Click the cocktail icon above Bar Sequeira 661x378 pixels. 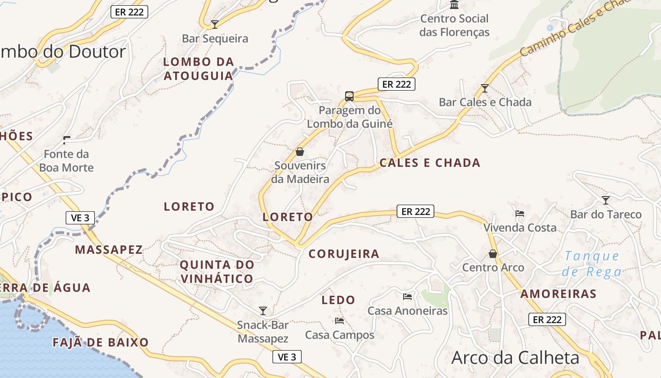click(x=215, y=24)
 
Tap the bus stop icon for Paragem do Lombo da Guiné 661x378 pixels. click(x=349, y=96)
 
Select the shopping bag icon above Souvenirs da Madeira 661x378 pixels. click(x=299, y=152)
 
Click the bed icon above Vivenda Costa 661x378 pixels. click(x=520, y=214)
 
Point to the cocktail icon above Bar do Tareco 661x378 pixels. click(x=606, y=200)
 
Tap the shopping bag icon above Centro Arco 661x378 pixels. click(x=493, y=254)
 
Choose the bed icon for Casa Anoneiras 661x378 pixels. click(x=407, y=297)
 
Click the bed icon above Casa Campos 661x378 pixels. click(x=339, y=321)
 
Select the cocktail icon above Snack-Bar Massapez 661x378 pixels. click(x=263, y=310)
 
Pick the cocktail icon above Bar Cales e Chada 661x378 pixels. click(x=484, y=88)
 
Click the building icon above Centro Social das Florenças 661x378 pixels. click(x=454, y=5)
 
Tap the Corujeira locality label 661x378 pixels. click(x=344, y=254)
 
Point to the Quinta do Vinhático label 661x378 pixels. click(x=217, y=272)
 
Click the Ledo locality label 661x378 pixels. click(x=338, y=300)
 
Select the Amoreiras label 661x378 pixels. click(x=559, y=294)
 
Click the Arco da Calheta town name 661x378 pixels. click(x=515, y=358)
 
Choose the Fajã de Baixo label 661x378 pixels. click(x=101, y=343)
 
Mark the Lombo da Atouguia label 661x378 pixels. click(x=199, y=69)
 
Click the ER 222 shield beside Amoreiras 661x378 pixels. click(x=547, y=320)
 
